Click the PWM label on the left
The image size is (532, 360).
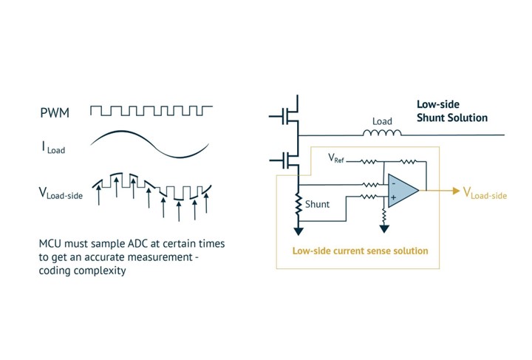(x=53, y=113)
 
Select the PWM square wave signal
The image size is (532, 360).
(x=151, y=111)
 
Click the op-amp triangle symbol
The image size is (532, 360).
(x=401, y=191)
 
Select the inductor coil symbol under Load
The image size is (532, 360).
(x=381, y=134)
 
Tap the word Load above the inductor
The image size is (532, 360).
(x=382, y=119)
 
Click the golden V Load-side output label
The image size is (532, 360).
(x=485, y=193)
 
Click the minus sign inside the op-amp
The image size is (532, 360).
(x=393, y=182)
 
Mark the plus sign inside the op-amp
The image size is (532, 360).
(x=393, y=199)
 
